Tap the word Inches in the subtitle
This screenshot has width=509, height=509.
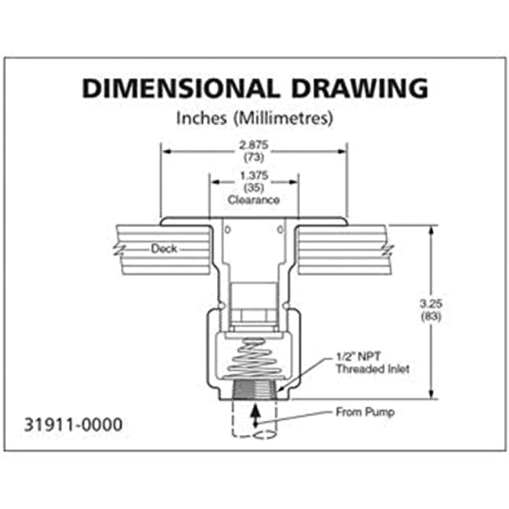pos(201,118)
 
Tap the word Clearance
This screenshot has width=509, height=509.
pos(254,200)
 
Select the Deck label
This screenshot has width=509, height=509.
pos(164,248)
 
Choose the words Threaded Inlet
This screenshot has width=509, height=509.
pos(372,369)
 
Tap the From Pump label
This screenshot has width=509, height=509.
pos(364,411)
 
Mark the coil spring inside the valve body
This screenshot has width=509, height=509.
pos(254,359)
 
